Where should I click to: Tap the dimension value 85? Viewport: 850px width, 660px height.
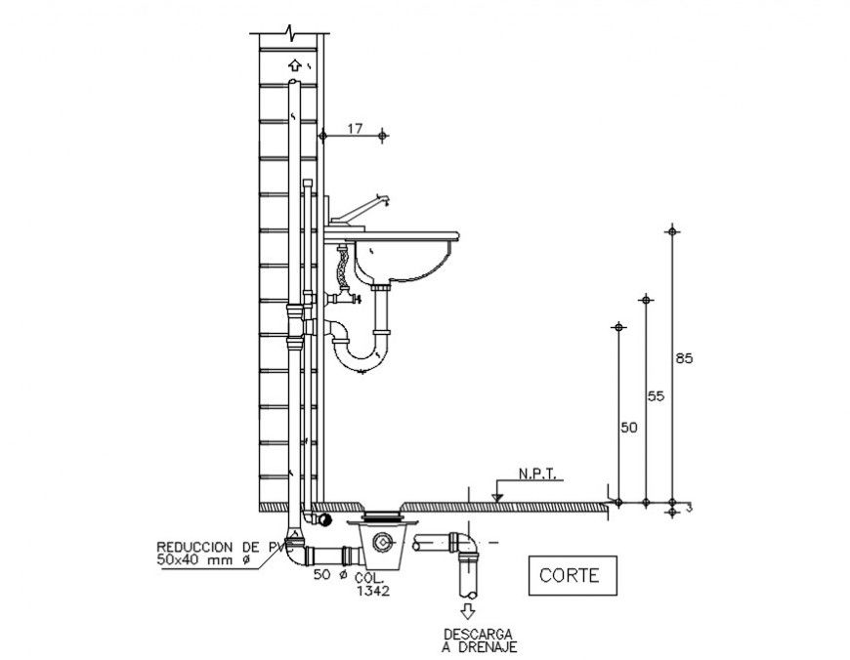pos(684,359)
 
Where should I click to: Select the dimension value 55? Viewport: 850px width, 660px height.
pos(656,395)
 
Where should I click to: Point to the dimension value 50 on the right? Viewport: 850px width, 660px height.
pos(628,428)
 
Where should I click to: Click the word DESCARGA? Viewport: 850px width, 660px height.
pos(478,634)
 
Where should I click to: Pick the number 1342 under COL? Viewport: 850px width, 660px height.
pos(373,591)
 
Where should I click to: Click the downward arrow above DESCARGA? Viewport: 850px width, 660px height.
pos(468,612)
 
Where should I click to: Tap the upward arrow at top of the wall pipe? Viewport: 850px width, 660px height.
pos(293,65)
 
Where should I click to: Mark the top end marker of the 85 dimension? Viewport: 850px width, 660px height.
pos(670,231)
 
